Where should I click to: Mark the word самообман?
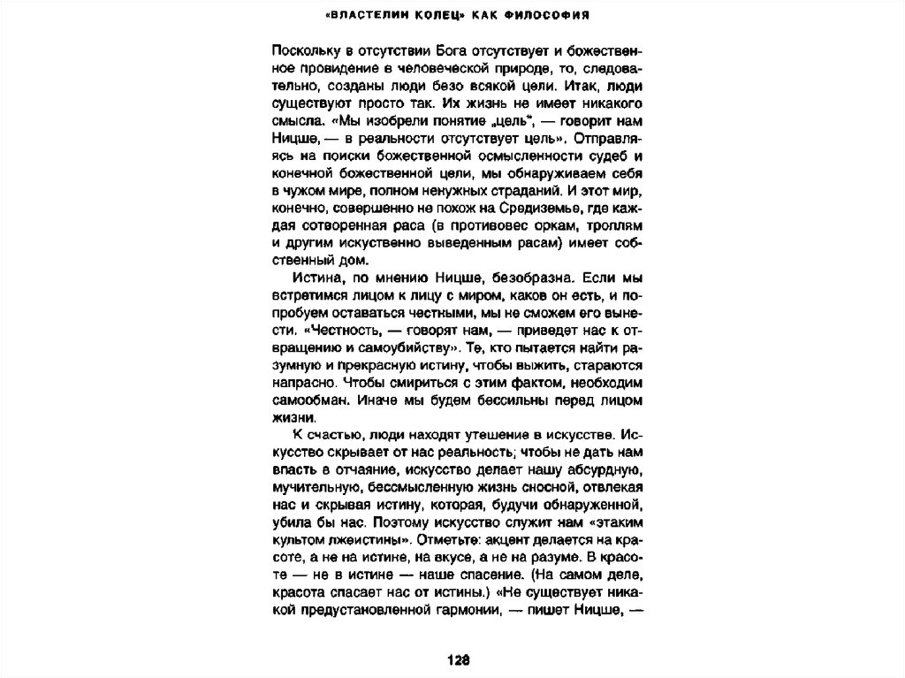[x=306, y=400]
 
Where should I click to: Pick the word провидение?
[x=328, y=68]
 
